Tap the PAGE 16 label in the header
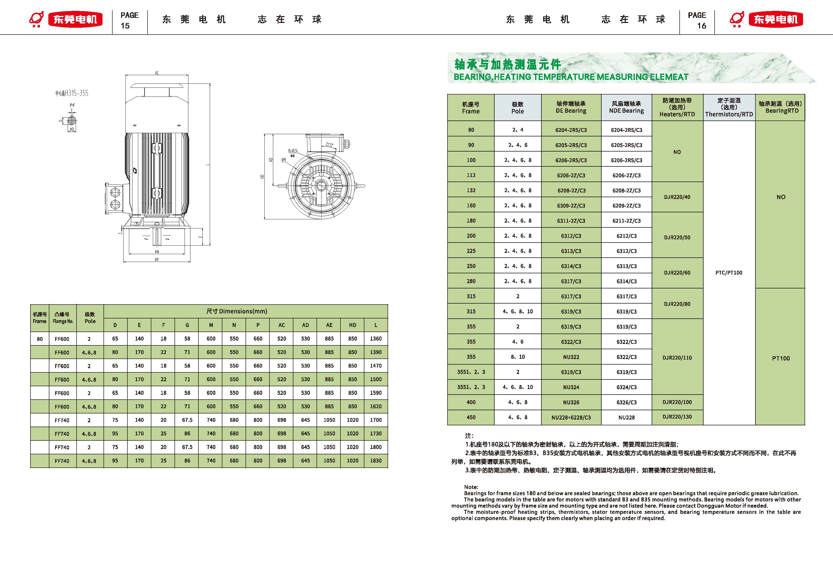pos(697,20)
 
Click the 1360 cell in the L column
pos(376,338)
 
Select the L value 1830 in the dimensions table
pos(376,460)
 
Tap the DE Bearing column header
pos(571,107)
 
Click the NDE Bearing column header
pos(626,107)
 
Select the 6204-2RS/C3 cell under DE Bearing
pos(571,130)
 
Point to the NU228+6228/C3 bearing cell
pos(571,418)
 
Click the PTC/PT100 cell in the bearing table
pos(729,273)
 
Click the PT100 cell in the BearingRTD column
pos(780,358)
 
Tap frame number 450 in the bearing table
pos(471,418)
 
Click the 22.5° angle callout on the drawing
pos(329,145)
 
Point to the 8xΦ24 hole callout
pos(293,151)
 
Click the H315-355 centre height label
pos(72,93)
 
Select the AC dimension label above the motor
pos(157,73)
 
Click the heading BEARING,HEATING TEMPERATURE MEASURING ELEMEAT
pos(571,77)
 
